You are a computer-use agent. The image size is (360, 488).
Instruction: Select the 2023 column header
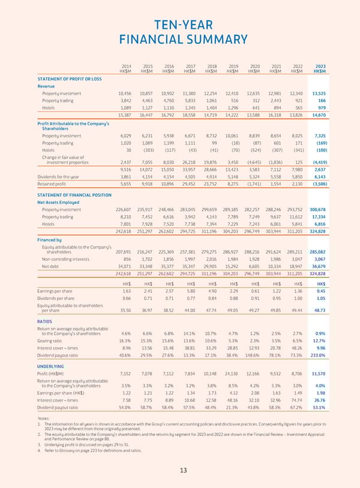point(320,66)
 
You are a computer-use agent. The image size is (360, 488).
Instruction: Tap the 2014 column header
point(126,66)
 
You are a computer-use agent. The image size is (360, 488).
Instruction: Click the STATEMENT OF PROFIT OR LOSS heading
point(69,79)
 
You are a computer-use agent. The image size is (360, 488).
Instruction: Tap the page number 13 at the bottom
point(180,469)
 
